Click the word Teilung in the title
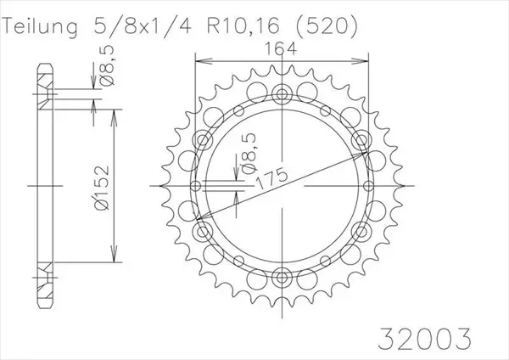click(41, 26)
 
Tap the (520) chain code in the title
click(326, 26)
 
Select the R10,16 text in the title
click(243, 26)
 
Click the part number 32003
click(425, 339)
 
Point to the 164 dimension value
click(281, 49)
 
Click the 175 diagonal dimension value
click(272, 178)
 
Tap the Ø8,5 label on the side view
click(108, 66)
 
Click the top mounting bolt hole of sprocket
click(282, 94)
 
